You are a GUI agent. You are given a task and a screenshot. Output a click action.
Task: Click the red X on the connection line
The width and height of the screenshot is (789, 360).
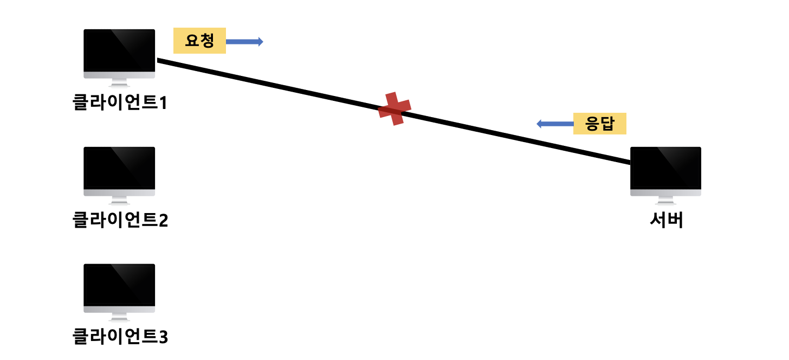[394, 109]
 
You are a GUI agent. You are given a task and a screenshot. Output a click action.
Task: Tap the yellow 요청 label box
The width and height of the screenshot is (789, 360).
[199, 41]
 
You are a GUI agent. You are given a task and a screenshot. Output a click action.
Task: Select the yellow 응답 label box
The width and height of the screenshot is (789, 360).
[599, 124]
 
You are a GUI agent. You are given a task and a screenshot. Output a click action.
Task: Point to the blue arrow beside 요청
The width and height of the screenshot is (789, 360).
[244, 42]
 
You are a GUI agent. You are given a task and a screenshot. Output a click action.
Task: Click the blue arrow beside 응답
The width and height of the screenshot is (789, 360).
[555, 124]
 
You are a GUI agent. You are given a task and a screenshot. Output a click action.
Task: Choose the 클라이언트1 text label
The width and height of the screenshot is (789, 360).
[120, 102]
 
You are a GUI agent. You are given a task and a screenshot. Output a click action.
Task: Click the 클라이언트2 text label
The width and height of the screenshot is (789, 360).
[120, 220]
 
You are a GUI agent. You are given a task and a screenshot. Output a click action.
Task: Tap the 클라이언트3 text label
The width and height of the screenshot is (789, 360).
[120, 336]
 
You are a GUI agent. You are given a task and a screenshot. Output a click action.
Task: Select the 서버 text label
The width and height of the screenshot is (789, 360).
[666, 220]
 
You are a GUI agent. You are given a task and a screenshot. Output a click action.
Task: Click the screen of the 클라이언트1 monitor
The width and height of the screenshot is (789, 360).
[119, 51]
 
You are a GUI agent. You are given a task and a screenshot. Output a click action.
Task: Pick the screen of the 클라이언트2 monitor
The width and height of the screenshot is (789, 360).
[119, 169]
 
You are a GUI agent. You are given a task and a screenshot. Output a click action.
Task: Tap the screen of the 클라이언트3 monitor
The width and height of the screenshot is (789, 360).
[119, 285]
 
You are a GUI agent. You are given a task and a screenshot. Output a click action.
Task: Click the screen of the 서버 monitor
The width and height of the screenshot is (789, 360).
[665, 169]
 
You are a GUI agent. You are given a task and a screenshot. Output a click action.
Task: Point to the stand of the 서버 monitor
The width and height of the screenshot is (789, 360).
[665, 200]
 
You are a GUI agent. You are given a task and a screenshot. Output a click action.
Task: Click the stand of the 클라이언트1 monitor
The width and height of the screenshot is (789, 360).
[119, 82]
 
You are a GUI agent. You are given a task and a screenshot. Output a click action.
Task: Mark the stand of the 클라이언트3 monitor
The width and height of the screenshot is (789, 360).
[119, 317]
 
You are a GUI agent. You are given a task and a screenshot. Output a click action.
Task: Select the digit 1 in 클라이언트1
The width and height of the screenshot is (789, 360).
[163, 103]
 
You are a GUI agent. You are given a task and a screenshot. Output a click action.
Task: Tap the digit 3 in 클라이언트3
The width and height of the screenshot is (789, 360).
[164, 337]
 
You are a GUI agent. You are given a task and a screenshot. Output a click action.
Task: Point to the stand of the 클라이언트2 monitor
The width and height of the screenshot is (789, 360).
[119, 200]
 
